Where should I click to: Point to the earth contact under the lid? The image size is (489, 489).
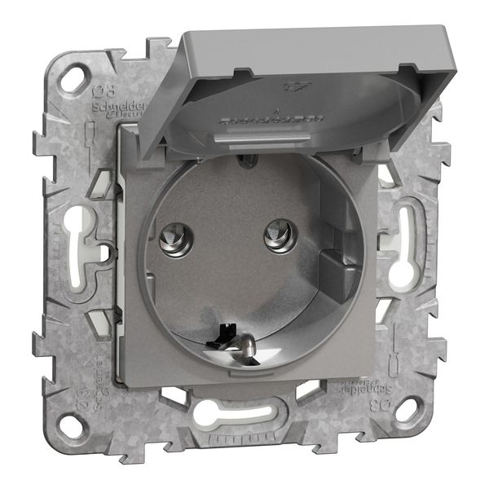243,161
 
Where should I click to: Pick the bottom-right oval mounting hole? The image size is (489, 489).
405,407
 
